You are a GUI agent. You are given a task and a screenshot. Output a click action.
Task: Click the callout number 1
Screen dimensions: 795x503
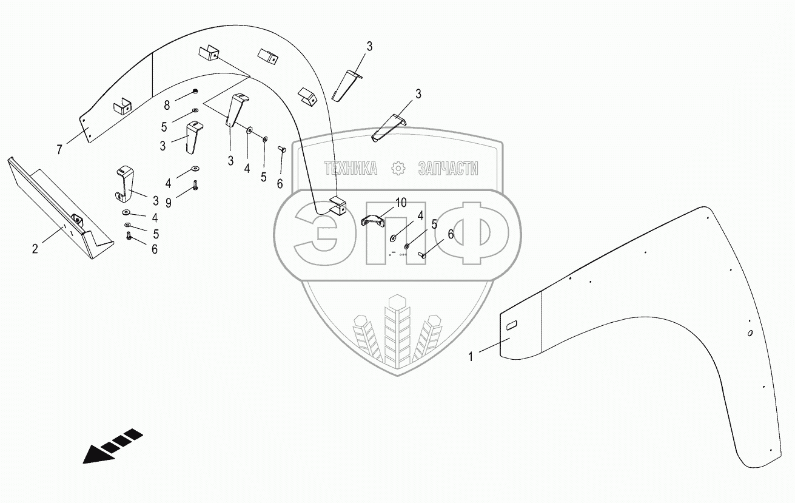[470, 356]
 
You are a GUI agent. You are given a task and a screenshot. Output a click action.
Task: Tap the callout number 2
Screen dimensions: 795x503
[35, 249]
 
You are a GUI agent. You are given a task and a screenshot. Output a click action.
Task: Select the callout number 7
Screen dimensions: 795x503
[59, 150]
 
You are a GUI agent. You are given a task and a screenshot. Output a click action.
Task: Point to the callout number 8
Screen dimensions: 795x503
[167, 105]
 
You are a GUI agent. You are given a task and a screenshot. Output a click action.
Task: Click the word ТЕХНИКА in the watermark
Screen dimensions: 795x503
[351, 168]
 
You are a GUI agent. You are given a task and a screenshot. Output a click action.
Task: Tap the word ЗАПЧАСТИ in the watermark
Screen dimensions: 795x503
[448, 168]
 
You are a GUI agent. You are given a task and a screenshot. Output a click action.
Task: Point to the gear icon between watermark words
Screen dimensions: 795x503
[398, 168]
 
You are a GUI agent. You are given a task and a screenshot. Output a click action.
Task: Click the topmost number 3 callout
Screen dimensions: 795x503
[369, 46]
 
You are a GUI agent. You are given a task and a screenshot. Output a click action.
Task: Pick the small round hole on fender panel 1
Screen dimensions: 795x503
[750, 333]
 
